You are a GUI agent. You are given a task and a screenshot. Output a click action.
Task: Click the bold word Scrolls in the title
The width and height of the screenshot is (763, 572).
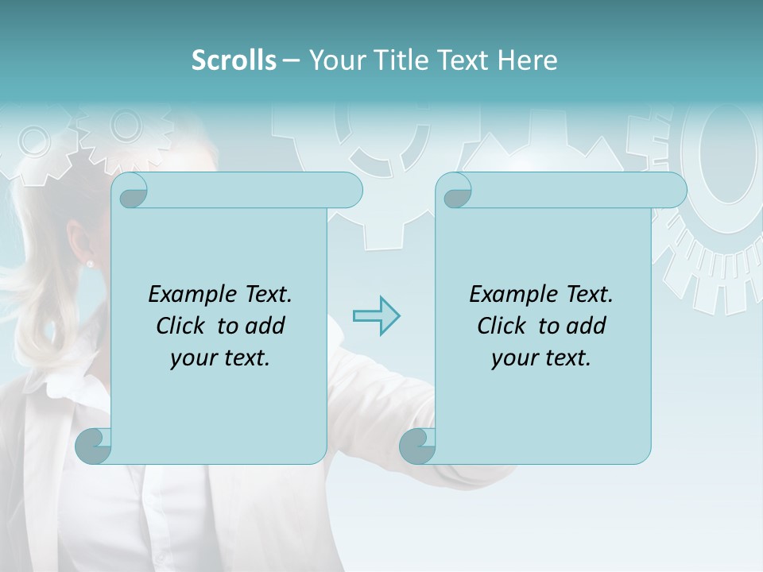pyautogui.click(x=234, y=60)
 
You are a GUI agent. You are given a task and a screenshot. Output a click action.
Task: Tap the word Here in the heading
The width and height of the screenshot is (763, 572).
pyautogui.click(x=528, y=60)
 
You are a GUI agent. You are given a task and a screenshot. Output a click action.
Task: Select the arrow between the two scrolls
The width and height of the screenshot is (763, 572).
pyautogui.click(x=376, y=316)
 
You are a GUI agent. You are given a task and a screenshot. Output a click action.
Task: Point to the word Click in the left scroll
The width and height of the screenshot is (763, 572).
pyautogui.click(x=183, y=326)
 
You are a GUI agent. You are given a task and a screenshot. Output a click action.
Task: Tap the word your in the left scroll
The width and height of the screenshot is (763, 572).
pyautogui.click(x=192, y=358)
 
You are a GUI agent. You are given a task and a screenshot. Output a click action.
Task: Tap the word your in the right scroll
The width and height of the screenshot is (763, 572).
pyautogui.click(x=513, y=358)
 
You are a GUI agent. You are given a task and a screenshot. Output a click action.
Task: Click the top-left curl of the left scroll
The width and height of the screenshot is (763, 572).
pyautogui.click(x=132, y=191)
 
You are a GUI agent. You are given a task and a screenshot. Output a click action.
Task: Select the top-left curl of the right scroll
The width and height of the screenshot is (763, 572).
pyautogui.click(x=456, y=191)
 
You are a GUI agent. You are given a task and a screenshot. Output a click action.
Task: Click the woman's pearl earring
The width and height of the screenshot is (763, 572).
pyautogui.click(x=90, y=263)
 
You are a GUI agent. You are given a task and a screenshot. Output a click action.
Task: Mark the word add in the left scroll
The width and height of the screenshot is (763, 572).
pyautogui.click(x=265, y=326)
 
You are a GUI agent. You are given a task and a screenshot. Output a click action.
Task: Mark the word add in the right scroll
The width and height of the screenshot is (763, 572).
pyautogui.click(x=587, y=326)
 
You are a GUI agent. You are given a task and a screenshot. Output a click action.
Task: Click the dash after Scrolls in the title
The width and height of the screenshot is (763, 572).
pyautogui.click(x=291, y=60)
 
